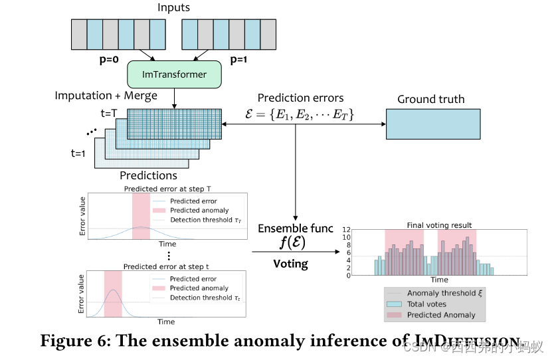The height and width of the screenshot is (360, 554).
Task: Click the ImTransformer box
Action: click(x=173, y=74)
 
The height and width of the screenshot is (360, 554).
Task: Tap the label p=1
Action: click(x=240, y=60)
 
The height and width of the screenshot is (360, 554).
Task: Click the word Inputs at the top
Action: click(x=173, y=8)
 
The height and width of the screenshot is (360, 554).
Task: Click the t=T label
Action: click(x=109, y=112)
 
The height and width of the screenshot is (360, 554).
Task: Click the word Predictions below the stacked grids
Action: click(x=148, y=176)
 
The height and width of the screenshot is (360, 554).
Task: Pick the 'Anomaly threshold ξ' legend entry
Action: click(x=441, y=293)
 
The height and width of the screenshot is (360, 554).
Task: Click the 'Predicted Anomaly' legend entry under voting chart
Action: click(x=441, y=315)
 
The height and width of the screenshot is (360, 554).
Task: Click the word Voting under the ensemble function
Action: click(x=291, y=264)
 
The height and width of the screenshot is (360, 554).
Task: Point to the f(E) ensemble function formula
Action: click(x=291, y=243)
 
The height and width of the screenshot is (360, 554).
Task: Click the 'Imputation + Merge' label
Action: click(x=106, y=96)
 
